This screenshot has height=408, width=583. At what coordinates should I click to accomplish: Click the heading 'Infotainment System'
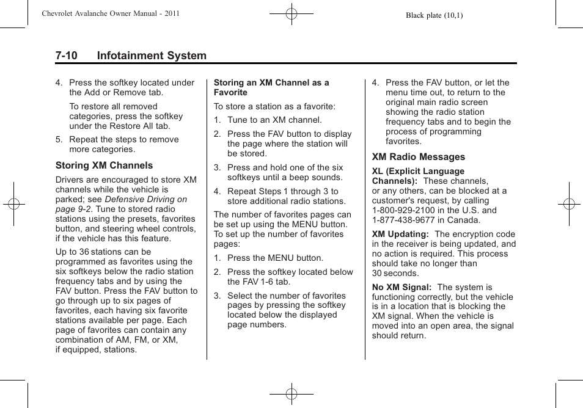pos(151,56)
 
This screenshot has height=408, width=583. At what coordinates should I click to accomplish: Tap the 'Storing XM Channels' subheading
pos(104,166)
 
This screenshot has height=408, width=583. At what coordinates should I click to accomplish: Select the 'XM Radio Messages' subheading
pos(418,157)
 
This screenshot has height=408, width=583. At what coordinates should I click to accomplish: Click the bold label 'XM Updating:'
pos(400,234)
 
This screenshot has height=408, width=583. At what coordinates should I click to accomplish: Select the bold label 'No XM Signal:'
pos(402,287)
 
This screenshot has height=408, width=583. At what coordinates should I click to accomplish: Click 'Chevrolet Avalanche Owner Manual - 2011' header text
pos(111,13)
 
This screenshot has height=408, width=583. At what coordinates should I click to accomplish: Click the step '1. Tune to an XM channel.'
pos(268,120)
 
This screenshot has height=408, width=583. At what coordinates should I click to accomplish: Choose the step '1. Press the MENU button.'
pos(268,258)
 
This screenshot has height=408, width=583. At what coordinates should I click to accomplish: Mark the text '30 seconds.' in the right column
pos(395,273)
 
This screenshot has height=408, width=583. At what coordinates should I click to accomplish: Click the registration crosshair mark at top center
pos(291,13)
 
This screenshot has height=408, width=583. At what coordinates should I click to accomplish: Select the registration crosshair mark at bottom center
pos(291,394)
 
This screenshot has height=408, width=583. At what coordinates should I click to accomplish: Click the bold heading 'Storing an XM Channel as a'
pos(271,82)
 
